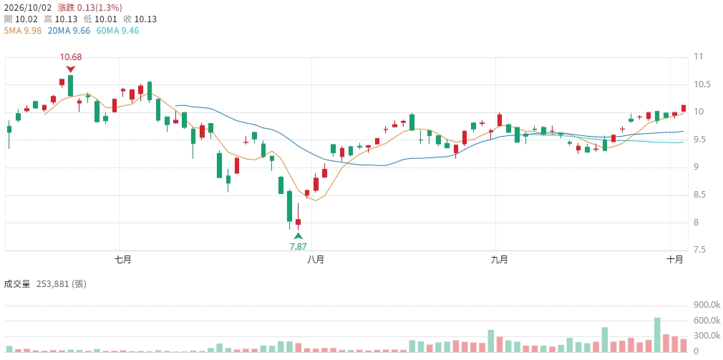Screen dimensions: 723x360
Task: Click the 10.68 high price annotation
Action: coord(71,57)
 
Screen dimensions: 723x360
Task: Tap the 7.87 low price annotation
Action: coord(298,247)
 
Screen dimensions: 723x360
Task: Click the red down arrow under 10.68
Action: coord(71,69)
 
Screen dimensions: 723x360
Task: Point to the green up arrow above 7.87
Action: coord(299,236)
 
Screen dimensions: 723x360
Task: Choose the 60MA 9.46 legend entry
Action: coord(117,31)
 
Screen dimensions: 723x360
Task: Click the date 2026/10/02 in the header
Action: coord(28,8)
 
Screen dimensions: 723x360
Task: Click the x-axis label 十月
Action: coord(675,260)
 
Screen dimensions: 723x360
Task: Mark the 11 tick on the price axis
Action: coord(698,57)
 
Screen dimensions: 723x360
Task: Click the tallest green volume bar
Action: coord(657,335)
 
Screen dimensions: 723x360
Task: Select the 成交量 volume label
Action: coord(16,284)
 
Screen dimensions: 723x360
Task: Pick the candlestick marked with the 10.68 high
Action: coord(71,86)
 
